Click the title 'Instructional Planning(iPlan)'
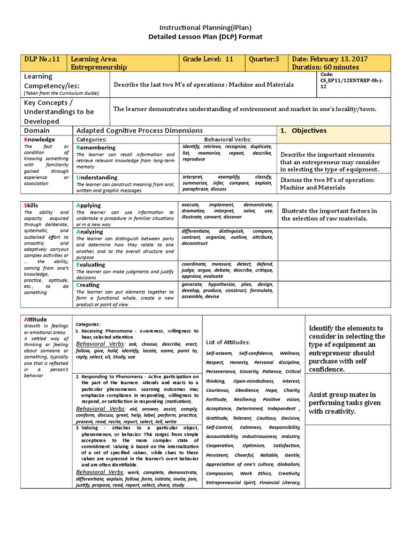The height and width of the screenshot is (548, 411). pyautogui.click(x=206, y=27)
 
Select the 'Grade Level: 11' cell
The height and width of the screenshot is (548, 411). pyautogui.click(x=208, y=59)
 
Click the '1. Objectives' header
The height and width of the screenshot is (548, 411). pyautogui.click(x=303, y=131)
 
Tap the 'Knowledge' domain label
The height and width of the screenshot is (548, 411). pyautogui.click(x=40, y=139)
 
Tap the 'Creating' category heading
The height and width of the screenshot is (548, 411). pyautogui.click(x=90, y=285)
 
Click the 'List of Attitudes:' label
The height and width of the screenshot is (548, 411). pyautogui.click(x=227, y=342)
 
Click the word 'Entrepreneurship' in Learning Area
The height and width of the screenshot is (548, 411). pyautogui.click(x=99, y=67)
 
